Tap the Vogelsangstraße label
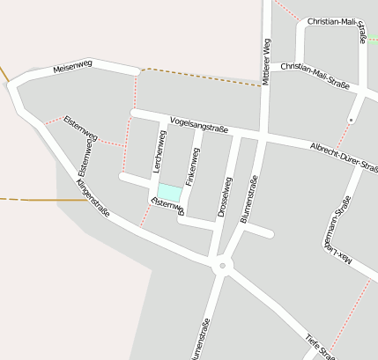coord(199,126)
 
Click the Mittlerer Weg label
coord(267,62)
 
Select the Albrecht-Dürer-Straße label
coord(344,156)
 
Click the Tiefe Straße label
coord(319,347)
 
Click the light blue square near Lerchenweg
coord(169,192)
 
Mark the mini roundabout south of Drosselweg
coord(222,264)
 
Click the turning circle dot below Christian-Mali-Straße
coord(351,119)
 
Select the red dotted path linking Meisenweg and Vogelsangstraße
coord(136,93)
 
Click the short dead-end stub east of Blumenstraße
coord(260,232)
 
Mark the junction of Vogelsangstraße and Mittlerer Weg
coord(264,137)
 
